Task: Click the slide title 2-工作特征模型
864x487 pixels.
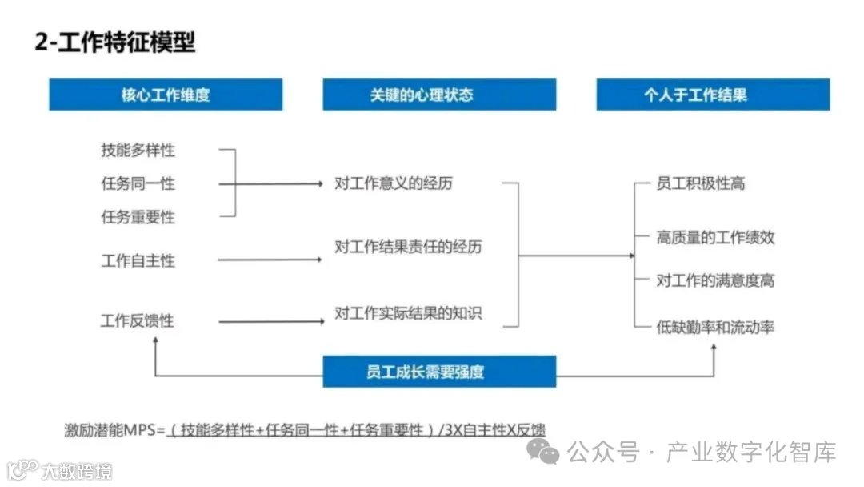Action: (115, 42)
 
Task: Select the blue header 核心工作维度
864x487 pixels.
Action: (166, 95)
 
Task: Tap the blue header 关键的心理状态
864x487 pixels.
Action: (439, 95)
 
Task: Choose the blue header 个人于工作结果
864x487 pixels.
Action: (713, 95)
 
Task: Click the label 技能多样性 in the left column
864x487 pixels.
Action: (138, 150)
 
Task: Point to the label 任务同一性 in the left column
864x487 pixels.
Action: (138, 183)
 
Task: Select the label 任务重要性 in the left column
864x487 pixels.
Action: (138, 217)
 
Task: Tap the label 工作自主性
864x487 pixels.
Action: (138, 260)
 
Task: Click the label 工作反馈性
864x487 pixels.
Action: (138, 321)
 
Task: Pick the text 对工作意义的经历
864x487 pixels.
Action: (394, 183)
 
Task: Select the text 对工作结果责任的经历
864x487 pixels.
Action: (408, 247)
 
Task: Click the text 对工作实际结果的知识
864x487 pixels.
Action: (408, 313)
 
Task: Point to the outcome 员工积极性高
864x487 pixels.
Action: (701, 183)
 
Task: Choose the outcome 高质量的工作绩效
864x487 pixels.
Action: (715, 237)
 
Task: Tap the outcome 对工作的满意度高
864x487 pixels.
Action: (715, 280)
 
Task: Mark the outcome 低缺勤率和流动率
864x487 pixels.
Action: (715, 327)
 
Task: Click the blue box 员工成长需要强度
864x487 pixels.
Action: (439, 372)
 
